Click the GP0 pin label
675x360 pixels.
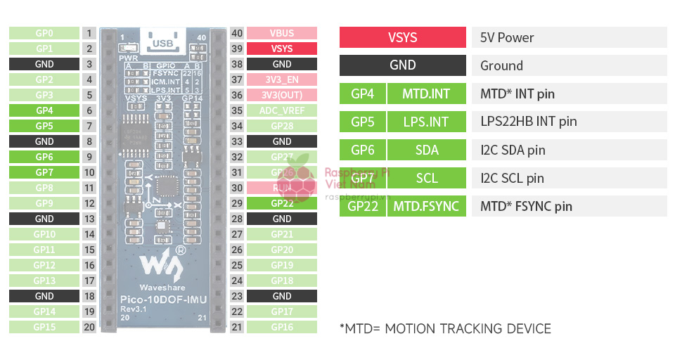point(44,33)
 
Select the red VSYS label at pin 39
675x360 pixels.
point(281,49)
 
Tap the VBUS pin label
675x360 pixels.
point(281,33)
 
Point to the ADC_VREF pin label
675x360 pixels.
point(281,110)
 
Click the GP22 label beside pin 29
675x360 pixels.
point(281,203)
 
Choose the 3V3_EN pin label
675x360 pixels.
point(281,79)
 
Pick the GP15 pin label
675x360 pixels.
point(44,327)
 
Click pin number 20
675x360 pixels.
point(89,327)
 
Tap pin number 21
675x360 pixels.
point(237,327)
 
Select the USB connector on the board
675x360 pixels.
point(163,43)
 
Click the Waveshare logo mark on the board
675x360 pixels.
point(162,263)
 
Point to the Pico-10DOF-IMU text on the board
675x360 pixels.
point(162,300)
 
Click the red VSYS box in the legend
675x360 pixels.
point(402,37)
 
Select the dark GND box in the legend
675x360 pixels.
point(402,65)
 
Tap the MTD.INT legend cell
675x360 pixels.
point(426,94)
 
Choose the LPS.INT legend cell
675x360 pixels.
point(426,122)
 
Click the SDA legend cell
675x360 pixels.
point(426,150)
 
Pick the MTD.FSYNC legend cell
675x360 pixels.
point(426,206)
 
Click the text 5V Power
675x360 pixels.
point(507,37)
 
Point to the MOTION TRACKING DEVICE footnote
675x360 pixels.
point(445,328)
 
